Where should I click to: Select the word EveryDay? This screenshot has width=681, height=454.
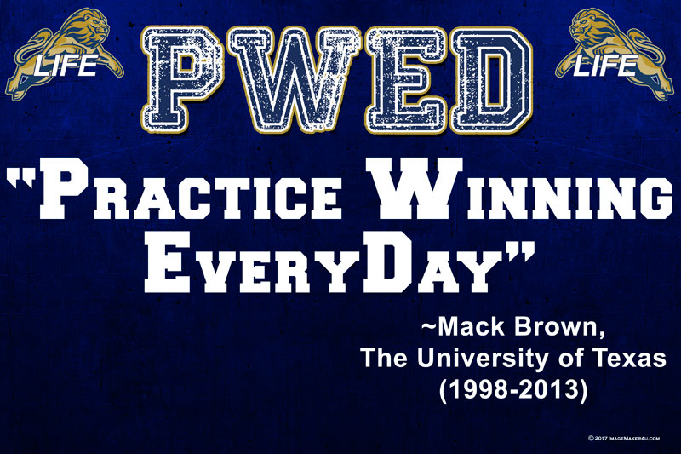click(318, 261)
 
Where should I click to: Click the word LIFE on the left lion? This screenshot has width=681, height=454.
click(66, 66)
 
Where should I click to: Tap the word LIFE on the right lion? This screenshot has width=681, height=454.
click(606, 66)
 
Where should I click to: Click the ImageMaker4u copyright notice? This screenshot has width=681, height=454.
click(624, 438)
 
